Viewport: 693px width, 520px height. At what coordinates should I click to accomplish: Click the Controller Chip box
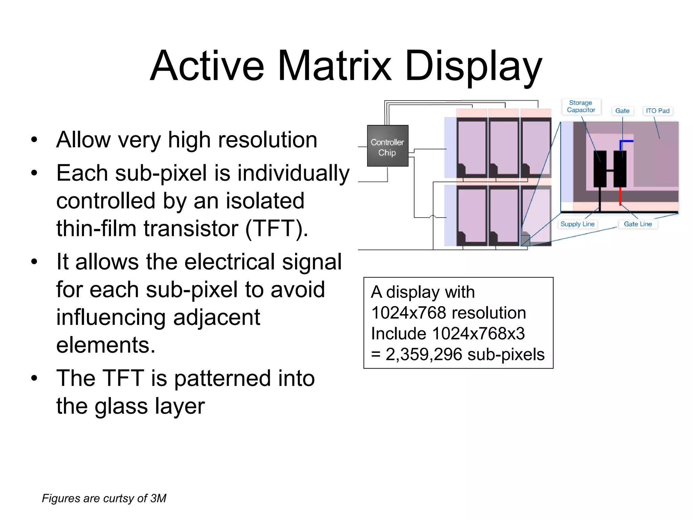(x=387, y=146)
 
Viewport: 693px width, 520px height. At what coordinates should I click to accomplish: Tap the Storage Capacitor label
(x=581, y=106)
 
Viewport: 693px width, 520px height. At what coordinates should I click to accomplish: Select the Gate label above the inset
(x=622, y=111)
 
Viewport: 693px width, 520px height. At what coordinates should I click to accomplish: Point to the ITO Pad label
(x=657, y=111)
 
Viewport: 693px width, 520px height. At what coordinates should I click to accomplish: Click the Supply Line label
(x=577, y=224)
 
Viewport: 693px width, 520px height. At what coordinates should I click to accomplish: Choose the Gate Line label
(x=638, y=224)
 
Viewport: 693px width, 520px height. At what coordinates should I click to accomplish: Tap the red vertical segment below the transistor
(x=620, y=196)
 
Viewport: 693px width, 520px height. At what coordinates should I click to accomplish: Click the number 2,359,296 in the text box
(x=424, y=354)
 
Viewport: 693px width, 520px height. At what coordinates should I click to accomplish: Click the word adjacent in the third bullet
(x=216, y=317)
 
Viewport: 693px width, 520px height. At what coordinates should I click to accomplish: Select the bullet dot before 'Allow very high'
(x=34, y=140)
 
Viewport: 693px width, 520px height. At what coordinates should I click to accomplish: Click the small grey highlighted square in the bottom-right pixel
(x=525, y=240)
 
